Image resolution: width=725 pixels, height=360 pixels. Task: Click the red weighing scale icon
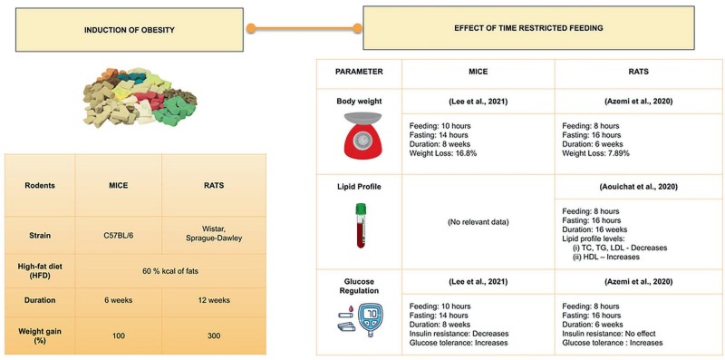pos(358,136)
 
